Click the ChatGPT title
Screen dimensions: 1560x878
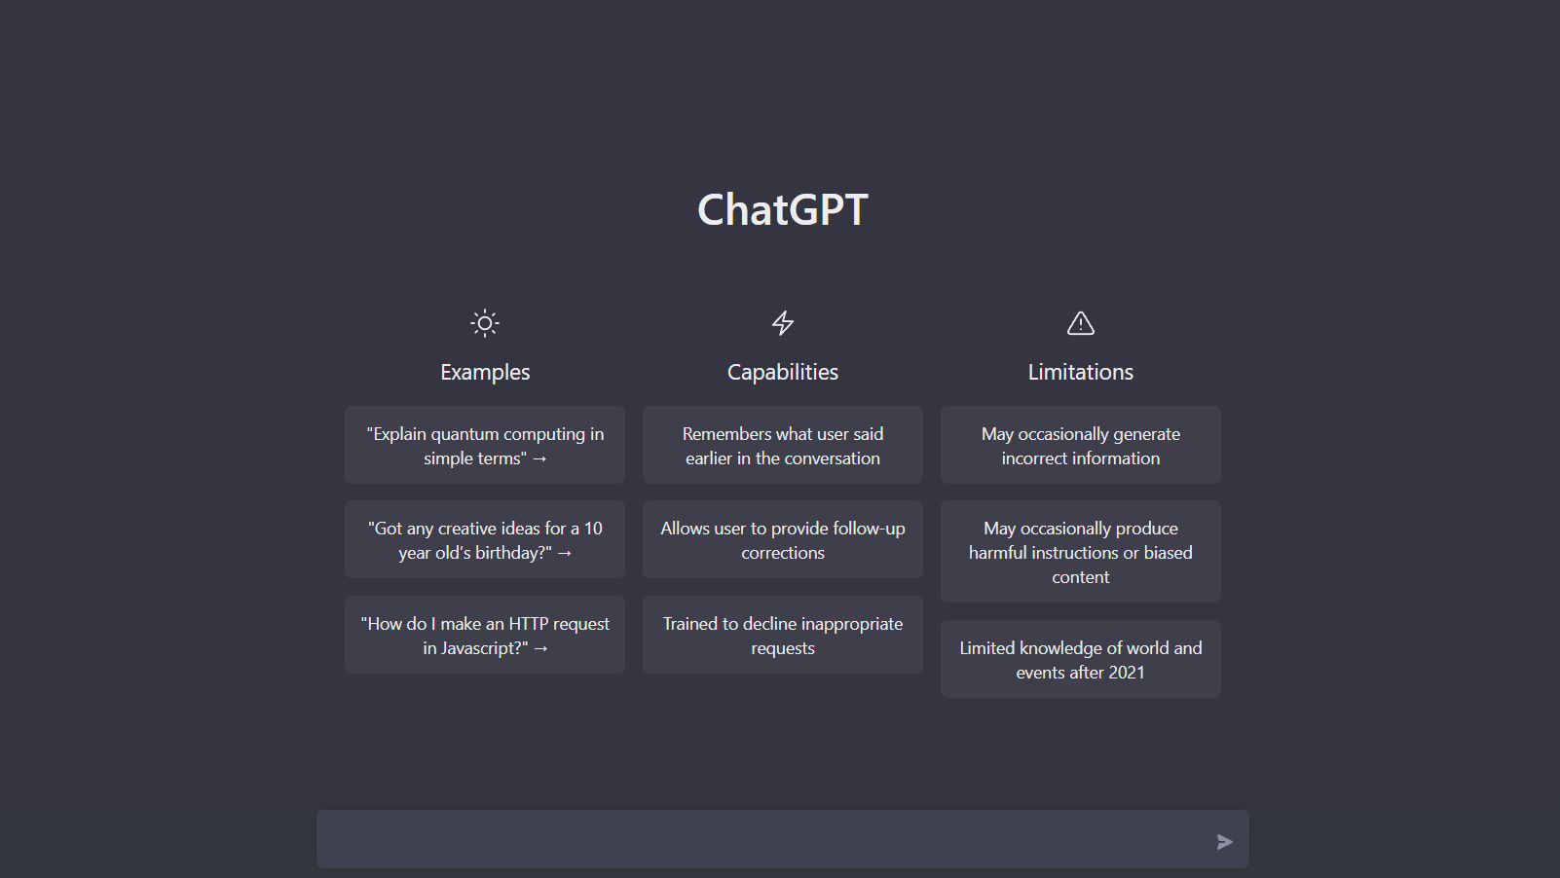click(783, 209)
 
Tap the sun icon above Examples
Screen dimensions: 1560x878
click(485, 323)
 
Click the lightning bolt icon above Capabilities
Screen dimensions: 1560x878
click(783, 323)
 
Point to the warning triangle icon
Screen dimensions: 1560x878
click(1081, 323)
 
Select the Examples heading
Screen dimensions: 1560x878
click(485, 372)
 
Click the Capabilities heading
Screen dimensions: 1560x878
click(783, 372)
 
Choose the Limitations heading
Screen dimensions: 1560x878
click(1081, 372)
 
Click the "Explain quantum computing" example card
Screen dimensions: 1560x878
click(485, 445)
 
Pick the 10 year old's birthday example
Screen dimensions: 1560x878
click(485, 539)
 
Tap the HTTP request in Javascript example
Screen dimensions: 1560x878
click(485, 635)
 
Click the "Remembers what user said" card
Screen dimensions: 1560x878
click(783, 445)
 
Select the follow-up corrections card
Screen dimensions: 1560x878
click(783, 539)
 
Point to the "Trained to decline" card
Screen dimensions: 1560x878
click(783, 635)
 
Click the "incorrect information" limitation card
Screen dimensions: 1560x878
click(1081, 445)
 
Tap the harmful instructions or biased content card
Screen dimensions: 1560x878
click(1081, 552)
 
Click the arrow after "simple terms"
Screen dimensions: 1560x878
click(539, 458)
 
